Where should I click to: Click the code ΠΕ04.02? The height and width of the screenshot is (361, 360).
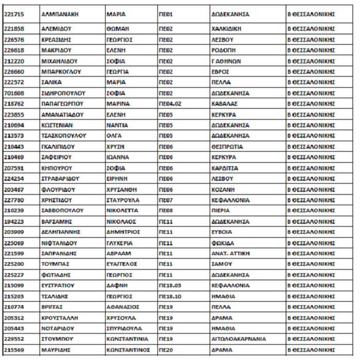170,104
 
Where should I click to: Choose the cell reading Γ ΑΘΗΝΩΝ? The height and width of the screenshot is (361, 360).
226,61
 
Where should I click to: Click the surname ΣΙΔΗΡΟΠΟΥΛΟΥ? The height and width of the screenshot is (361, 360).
63,93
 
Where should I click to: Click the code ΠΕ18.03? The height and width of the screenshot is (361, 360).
170,285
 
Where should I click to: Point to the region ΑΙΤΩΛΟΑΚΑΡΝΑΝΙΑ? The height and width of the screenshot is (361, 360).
239,339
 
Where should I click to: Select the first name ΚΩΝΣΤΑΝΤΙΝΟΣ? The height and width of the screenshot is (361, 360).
128,350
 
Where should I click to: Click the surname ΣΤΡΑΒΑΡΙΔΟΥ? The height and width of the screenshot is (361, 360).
61,179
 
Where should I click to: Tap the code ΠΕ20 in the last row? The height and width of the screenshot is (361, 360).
166,350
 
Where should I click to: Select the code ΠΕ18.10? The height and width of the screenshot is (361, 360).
170,296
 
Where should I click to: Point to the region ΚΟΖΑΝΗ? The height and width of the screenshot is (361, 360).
223,190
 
